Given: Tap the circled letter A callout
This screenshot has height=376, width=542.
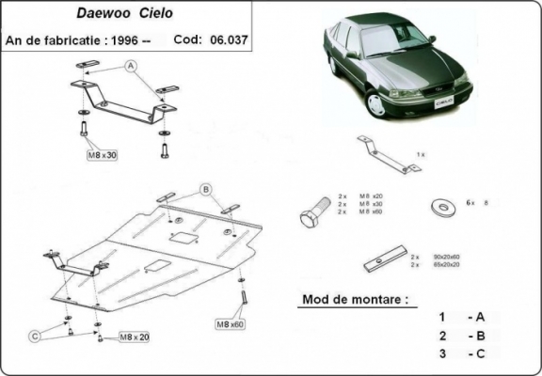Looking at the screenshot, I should click(x=130, y=65).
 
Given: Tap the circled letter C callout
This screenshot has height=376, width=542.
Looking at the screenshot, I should click(x=34, y=336).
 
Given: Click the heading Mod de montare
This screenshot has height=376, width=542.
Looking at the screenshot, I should click(x=355, y=301).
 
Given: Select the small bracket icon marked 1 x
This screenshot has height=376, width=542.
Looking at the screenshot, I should click(x=387, y=153).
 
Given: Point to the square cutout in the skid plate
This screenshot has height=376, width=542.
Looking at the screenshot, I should click(x=178, y=238).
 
